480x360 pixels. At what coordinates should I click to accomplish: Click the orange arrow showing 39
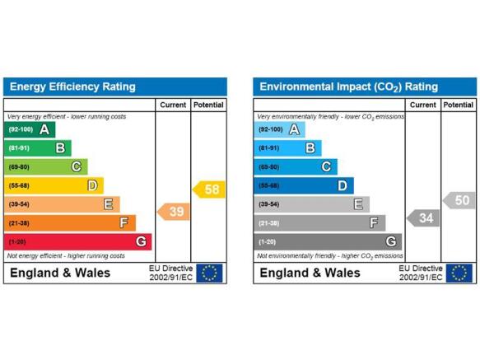(x=174, y=212)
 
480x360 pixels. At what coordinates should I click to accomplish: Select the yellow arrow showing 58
(x=209, y=189)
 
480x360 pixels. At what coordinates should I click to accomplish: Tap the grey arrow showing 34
(x=423, y=218)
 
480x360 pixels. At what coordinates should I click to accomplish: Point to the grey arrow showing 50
(x=459, y=200)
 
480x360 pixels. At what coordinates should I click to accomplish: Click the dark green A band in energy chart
(x=30, y=129)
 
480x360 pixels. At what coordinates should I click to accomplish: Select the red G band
(x=77, y=241)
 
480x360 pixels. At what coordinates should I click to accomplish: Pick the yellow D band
(x=54, y=185)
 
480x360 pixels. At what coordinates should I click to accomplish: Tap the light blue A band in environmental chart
(x=279, y=129)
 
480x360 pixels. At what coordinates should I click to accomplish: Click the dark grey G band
(x=328, y=241)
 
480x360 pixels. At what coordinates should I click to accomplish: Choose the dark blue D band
(x=304, y=185)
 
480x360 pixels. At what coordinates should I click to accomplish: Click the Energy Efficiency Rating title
(x=72, y=86)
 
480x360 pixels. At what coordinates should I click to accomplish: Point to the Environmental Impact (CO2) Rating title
(x=348, y=87)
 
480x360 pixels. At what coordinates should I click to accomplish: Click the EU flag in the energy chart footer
(x=209, y=273)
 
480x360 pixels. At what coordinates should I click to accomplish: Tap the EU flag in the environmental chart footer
(x=459, y=273)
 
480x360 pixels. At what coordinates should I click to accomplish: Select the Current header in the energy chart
(x=173, y=105)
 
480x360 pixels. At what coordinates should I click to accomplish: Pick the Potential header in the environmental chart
(x=459, y=105)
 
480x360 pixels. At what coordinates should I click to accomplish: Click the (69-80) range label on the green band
(x=19, y=167)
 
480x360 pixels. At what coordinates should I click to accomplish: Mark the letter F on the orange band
(x=123, y=222)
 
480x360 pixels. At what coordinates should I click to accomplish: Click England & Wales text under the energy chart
(x=60, y=273)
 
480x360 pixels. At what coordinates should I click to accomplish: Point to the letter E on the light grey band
(x=358, y=204)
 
